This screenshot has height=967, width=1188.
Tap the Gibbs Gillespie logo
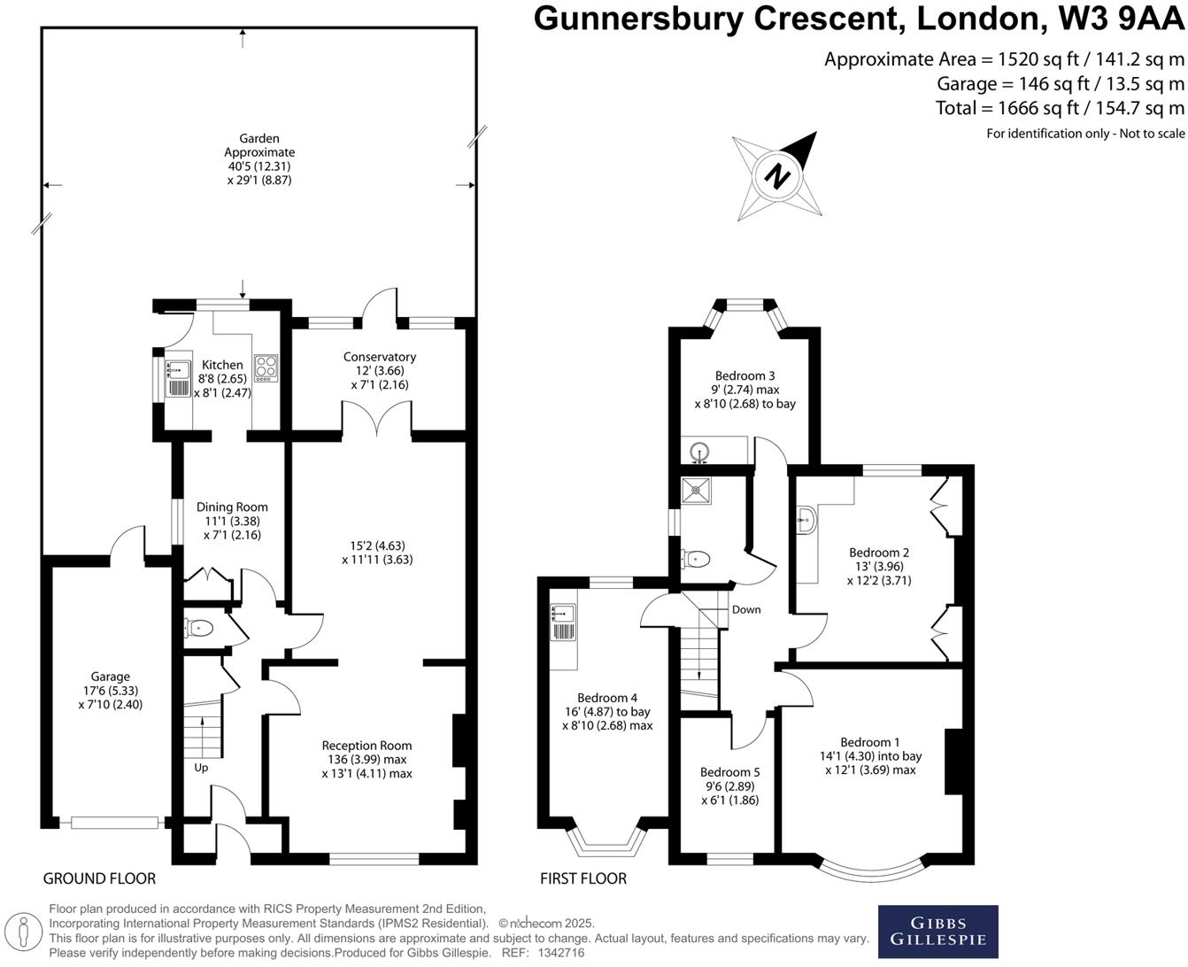[937, 931]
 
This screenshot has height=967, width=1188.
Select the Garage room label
[111, 677]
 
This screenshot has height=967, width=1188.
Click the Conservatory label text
[380, 357]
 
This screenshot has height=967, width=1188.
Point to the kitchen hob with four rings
[266, 367]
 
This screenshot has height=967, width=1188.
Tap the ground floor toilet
[199, 629]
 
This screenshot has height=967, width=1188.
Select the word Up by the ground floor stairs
[201, 768]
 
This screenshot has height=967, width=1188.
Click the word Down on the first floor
[746, 609]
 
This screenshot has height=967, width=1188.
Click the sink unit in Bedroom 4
[563, 621]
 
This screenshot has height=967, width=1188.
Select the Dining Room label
[232, 507]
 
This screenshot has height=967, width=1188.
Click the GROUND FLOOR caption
[99, 878]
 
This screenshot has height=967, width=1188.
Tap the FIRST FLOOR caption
[583, 878]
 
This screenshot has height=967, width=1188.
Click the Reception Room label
[366, 746]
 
